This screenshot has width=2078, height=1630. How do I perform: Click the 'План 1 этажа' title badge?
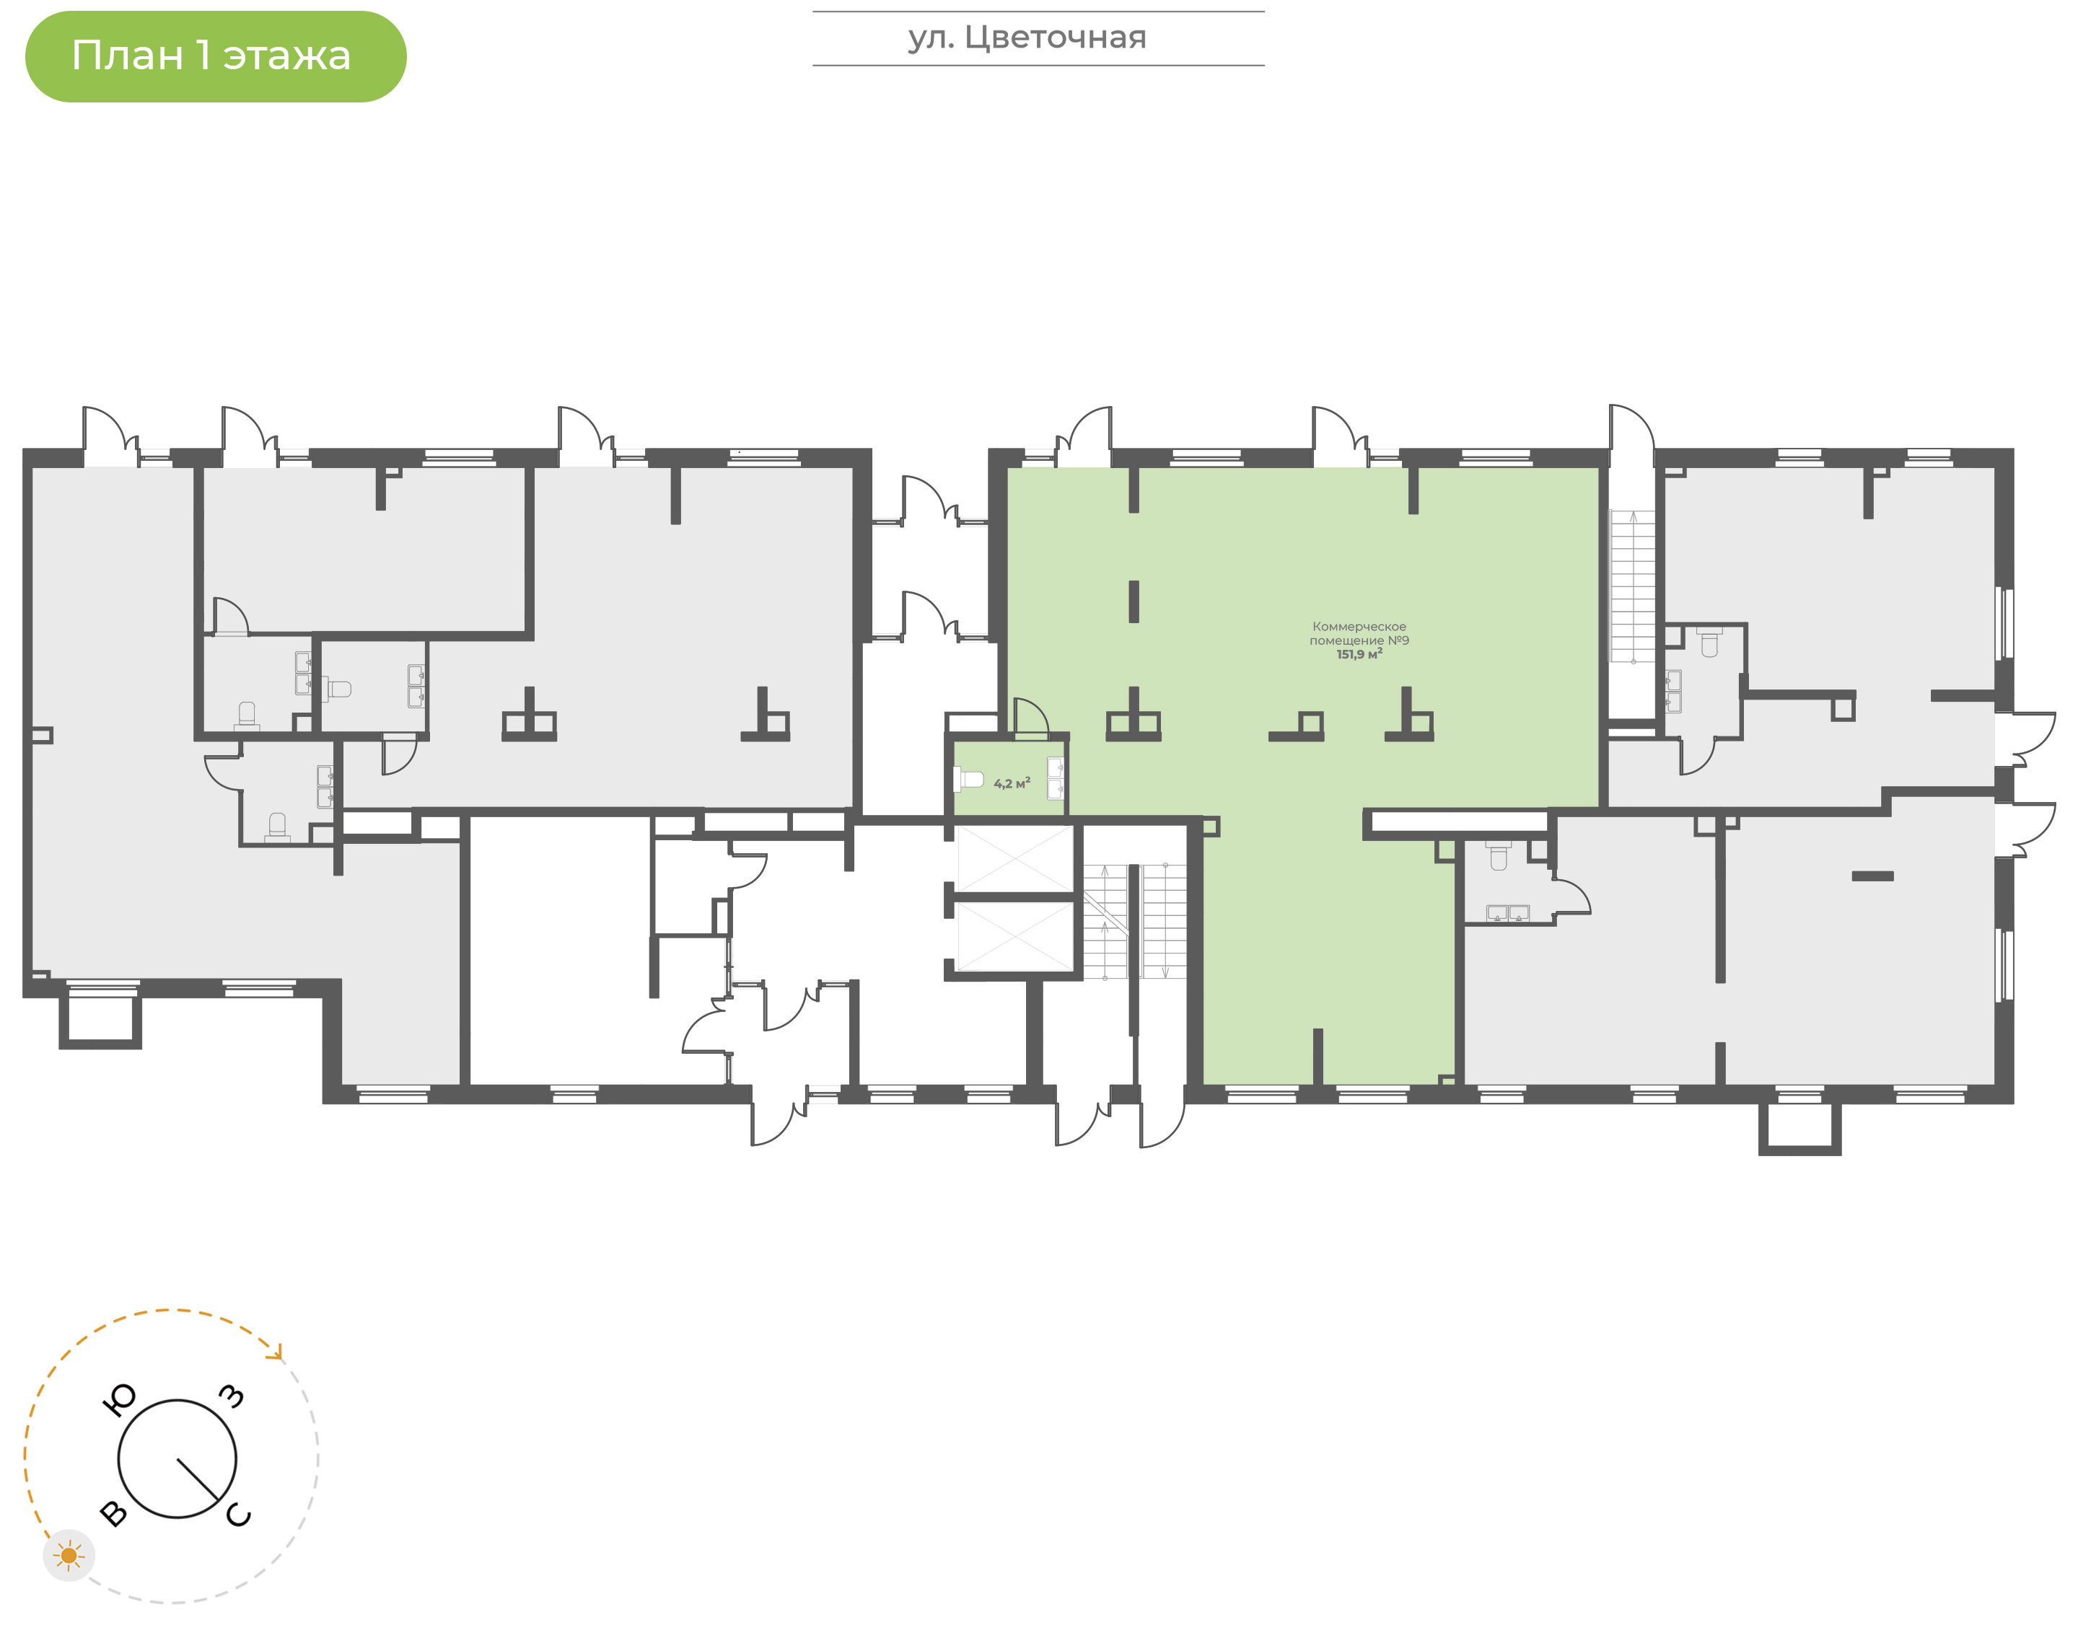click(x=216, y=56)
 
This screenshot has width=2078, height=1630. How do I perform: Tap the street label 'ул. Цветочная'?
click(x=1027, y=38)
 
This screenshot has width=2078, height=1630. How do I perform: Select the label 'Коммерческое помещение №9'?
click(x=1359, y=634)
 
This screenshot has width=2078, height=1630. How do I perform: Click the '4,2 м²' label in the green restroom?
click(x=1012, y=783)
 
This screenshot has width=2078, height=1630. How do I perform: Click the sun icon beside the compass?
click(x=69, y=1556)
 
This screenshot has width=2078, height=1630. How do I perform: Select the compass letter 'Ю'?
click(x=118, y=1400)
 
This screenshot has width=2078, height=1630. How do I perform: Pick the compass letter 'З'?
click(x=232, y=1396)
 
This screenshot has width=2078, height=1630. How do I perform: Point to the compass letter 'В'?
click(x=113, y=1514)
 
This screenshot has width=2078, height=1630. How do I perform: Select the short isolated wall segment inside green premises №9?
click(x=1134, y=602)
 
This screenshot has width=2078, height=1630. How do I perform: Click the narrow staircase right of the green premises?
click(x=1632, y=586)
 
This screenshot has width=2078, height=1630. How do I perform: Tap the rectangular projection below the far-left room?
click(x=100, y=1021)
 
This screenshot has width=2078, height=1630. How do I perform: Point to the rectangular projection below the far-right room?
click(x=1799, y=1129)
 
